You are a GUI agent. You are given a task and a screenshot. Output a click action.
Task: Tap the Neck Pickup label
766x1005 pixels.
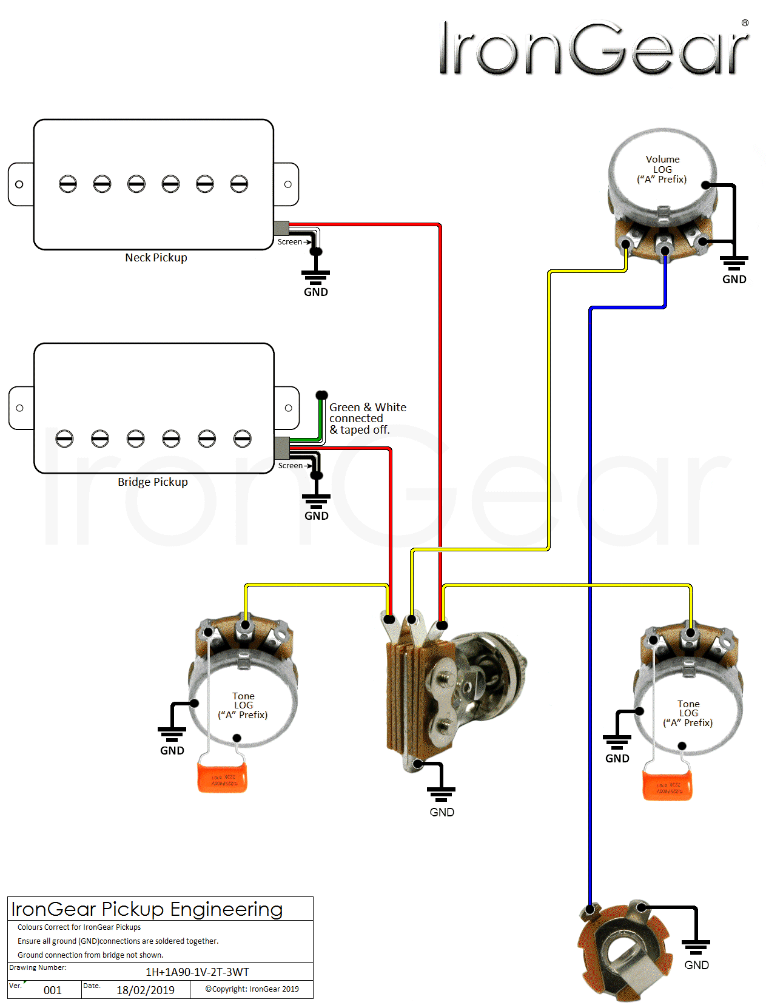[156, 258]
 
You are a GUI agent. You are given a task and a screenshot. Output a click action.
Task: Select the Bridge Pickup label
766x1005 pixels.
[153, 482]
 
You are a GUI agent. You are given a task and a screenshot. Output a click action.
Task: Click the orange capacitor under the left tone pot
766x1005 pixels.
[222, 778]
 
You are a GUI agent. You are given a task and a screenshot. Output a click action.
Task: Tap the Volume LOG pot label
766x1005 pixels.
[662, 169]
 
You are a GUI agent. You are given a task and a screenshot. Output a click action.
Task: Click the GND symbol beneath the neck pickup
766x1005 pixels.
[315, 279]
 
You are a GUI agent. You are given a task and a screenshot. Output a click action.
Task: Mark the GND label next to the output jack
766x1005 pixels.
[696, 965]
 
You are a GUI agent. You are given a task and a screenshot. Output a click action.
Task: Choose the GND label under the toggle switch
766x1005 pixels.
[442, 812]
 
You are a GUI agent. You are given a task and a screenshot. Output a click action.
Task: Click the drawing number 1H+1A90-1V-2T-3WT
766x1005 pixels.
[197, 972]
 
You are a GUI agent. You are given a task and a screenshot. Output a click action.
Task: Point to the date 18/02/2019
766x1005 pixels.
[146, 990]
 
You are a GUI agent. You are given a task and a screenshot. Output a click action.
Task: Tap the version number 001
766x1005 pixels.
[53, 990]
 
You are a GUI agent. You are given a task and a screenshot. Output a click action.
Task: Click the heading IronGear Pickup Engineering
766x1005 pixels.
[147, 909]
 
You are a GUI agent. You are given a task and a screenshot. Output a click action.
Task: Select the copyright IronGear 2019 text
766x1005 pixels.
[252, 989]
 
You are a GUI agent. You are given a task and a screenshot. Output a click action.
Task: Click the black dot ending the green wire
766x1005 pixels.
[322, 395]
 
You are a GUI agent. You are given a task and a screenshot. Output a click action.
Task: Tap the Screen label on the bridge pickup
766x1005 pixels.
[290, 466]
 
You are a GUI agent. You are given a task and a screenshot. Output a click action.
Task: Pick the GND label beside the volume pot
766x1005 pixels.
[734, 280]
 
